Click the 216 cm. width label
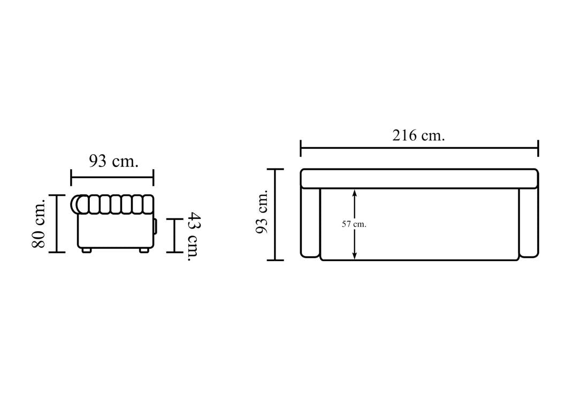pyautogui.click(x=418, y=135)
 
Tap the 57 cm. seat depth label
pyautogui.click(x=354, y=224)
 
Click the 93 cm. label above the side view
pyautogui.click(x=113, y=161)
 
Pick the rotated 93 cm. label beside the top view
pyautogui.click(x=262, y=211)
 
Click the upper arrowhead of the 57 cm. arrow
pyautogui.click(x=355, y=193)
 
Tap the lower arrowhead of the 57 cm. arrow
pyautogui.click(x=355, y=255)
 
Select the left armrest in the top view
pyautogui.click(x=310, y=223)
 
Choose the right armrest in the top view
pyautogui.click(x=529, y=223)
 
